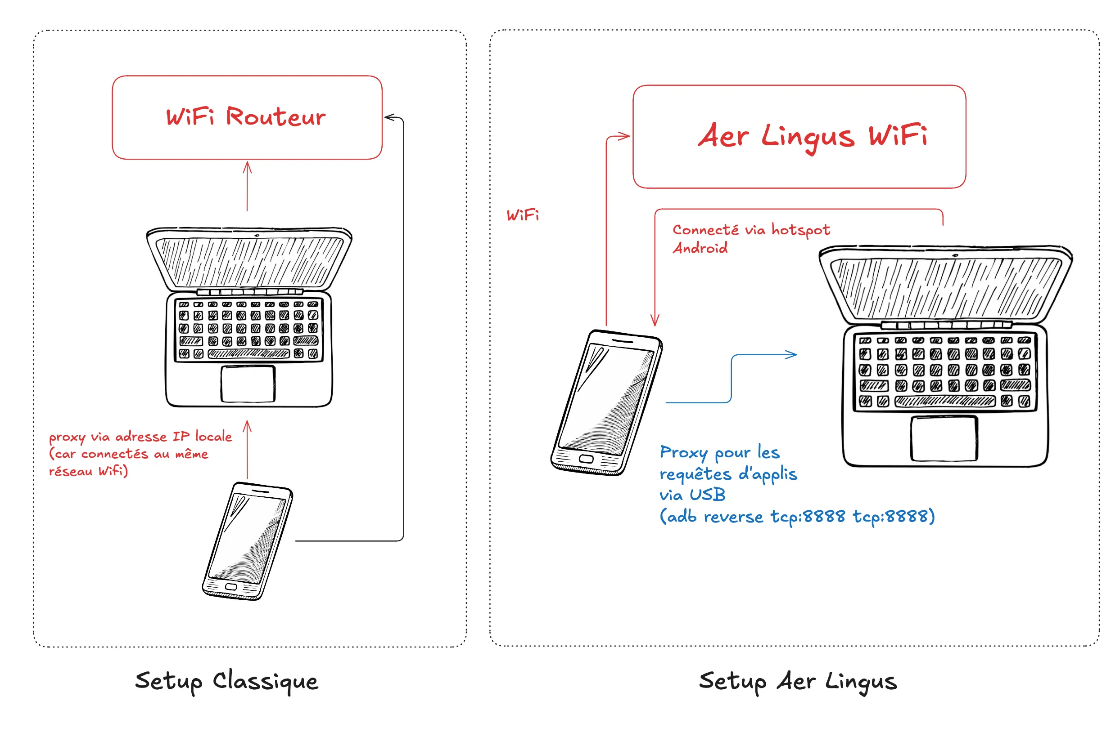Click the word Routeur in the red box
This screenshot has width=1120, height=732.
tap(276, 116)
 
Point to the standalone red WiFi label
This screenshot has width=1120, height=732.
tap(522, 215)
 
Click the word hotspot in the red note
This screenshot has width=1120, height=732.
tap(800, 230)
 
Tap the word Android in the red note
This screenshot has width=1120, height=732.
tap(700, 248)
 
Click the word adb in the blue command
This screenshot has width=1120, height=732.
tap(682, 516)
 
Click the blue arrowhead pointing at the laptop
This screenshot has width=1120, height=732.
tap(791, 354)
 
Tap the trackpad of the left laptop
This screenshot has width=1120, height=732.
tap(248, 384)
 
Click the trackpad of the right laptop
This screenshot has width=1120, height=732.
tap(944, 438)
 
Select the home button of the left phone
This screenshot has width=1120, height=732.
tap(230, 587)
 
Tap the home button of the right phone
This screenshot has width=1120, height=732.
tap(586, 459)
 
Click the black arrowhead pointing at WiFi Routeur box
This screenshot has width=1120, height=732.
tap(390, 117)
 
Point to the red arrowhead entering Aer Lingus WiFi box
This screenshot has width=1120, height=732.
tap(624, 136)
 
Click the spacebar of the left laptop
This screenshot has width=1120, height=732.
tap(248, 353)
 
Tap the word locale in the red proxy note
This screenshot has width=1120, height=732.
tap(214, 436)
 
